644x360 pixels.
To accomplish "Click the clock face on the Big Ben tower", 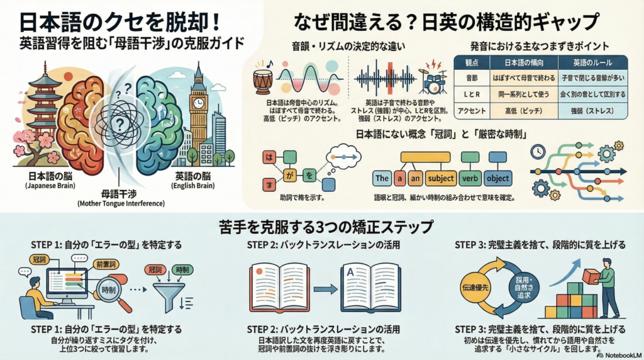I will pos(199,103).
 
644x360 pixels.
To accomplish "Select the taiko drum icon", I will pos(263,81).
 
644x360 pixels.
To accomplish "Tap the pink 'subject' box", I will pos(440,178).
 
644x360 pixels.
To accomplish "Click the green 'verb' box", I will pos(470,178).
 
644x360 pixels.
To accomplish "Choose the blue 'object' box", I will pos(498,178).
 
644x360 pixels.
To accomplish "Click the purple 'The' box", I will pos(382,178).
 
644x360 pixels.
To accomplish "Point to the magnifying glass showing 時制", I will pos(109,291).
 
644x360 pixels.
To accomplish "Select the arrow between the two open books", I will pos(325,289).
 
